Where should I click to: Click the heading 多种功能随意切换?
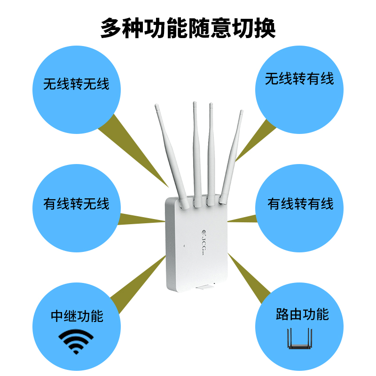point(188,29)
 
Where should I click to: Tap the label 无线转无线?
point(76,84)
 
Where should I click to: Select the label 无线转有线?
point(299,78)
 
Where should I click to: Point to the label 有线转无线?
point(76,204)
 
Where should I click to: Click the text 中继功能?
point(77,316)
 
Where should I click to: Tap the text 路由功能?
point(302,314)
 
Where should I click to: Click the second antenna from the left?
point(195,150)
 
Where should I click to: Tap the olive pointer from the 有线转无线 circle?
point(141,219)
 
